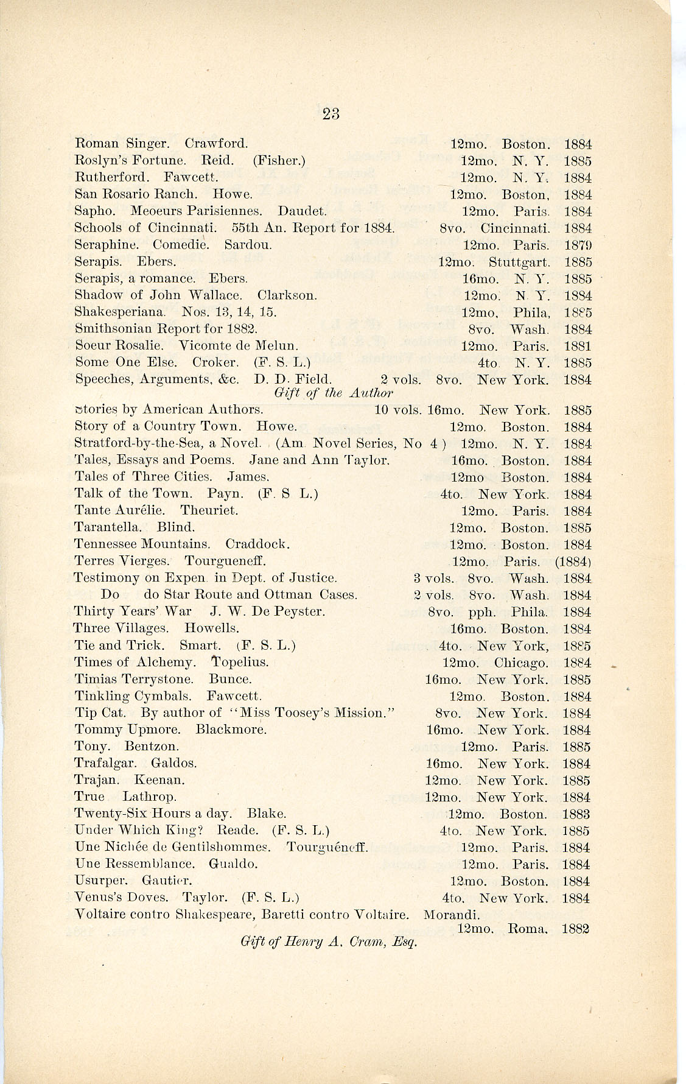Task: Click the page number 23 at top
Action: click(x=331, y=113)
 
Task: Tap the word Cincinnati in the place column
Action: click(x=515, y=229)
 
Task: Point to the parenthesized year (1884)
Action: click(x=573, y=561)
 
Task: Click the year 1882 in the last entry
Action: click(x=575, y=929)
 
